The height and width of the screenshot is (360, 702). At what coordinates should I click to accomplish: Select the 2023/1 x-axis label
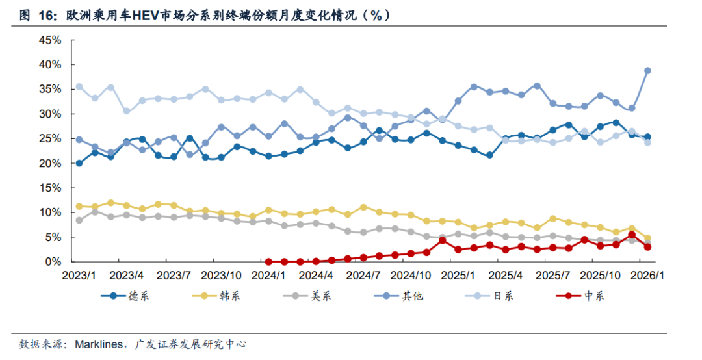point(79,276)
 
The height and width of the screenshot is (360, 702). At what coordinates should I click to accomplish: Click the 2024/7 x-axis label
point(363,276)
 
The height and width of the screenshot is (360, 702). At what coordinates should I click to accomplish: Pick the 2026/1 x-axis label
point(647,276)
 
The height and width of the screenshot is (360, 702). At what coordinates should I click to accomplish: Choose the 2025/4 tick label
point(506,276)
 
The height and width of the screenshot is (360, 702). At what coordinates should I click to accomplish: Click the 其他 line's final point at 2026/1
point(647,71)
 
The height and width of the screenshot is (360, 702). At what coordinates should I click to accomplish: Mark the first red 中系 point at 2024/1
point(268,262)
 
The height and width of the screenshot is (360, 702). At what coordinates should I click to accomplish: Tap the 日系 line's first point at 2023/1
point(79,86)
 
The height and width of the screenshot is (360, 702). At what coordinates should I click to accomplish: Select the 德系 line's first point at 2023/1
point(79,163)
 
